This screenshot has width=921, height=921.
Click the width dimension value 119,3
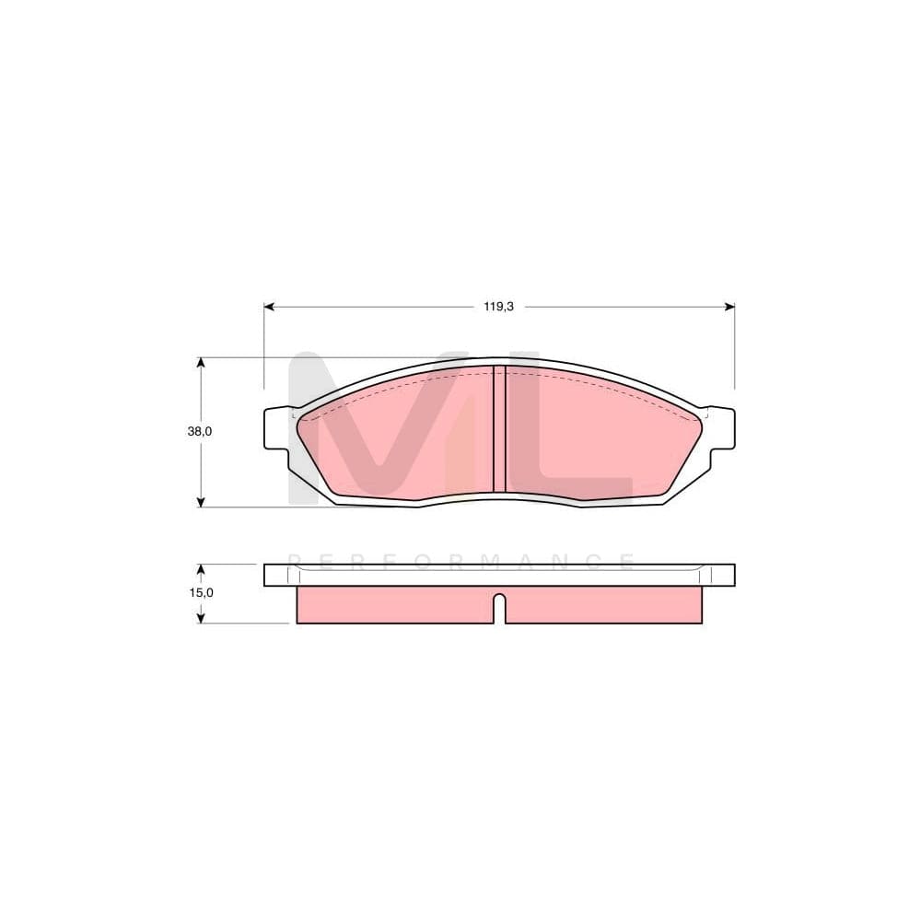(x=498, y=307)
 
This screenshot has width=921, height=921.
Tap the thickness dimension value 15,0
(x=200, y=592)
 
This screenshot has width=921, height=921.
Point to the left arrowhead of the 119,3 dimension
(x=269, y=307)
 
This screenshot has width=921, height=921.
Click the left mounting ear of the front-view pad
(x=276, y=428)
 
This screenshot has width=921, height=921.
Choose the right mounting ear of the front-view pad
(x=721, y=428)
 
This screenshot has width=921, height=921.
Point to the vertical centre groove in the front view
(x=499, y=429)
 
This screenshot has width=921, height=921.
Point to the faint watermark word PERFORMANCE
(x=460, y=560)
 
